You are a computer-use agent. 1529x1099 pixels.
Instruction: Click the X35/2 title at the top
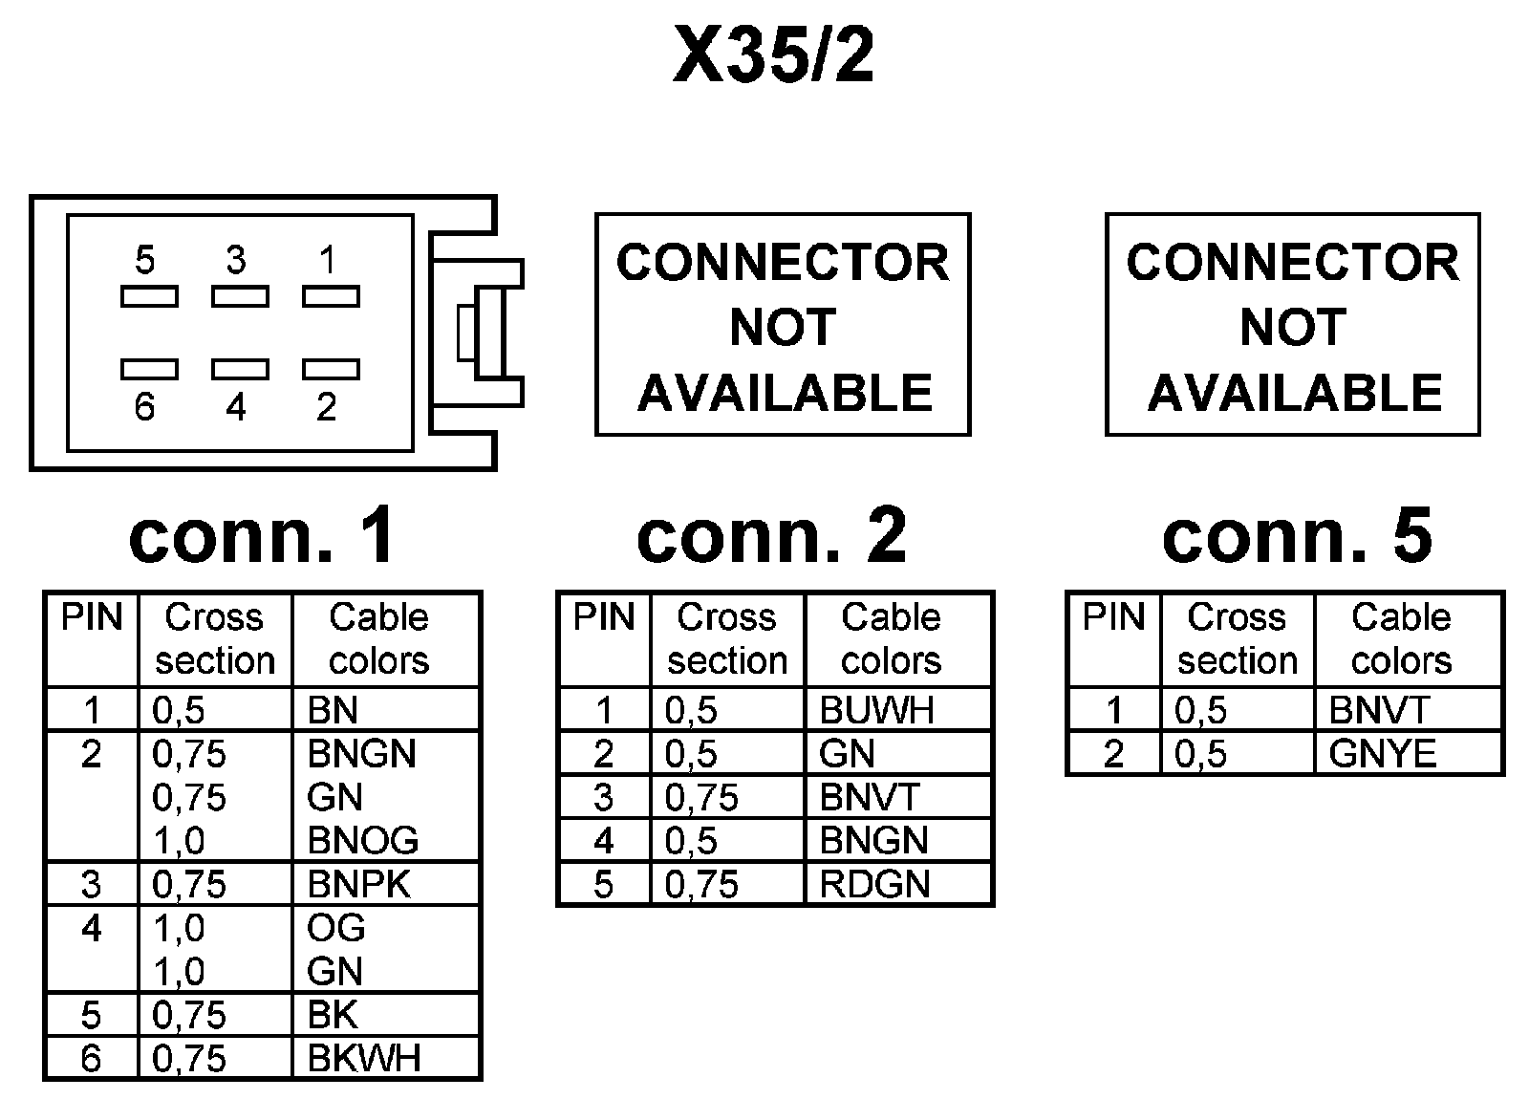click(x=773, y=54)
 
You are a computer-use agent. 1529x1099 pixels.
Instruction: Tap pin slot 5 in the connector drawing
click(x=149, y=296)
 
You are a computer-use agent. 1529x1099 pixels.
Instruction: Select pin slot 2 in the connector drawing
click(x=331, y=369)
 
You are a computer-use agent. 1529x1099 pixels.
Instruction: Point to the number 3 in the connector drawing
click(x=236, y=260)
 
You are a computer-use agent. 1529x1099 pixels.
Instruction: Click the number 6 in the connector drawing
click(x=144, y=407)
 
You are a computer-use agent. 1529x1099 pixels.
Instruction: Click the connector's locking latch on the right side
click(x=478, y=334)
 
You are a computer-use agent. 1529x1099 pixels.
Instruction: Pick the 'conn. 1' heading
click(x=262, y=536)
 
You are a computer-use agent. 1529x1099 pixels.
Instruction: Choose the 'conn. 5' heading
click(x=1297, y=536)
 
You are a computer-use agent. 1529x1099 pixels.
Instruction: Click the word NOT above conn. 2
click(x=783, y=327)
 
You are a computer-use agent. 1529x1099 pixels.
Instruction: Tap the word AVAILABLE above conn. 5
click(x=1295, y=393)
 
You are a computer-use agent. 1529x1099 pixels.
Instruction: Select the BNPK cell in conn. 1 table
click(x=358, y=885)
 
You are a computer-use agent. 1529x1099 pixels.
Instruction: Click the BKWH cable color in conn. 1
click(x=364, y=1059)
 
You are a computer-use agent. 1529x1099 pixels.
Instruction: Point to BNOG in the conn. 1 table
click(x=362, y=840)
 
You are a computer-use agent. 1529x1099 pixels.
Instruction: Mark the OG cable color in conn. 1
click(x=335, y=928)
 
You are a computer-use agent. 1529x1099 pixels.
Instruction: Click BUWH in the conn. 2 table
click(x=876, y=710)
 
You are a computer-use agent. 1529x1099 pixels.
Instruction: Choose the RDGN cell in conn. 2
click(x=874, y=885)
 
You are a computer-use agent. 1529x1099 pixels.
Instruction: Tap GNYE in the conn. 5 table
click(x=1383, y=754)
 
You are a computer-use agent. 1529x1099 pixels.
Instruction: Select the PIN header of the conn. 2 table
click(x=604, y=617)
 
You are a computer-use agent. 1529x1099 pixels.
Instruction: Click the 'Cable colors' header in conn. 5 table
click(x=1401, y=639)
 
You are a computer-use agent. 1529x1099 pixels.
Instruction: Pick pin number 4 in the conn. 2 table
click(x=603, y=841)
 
